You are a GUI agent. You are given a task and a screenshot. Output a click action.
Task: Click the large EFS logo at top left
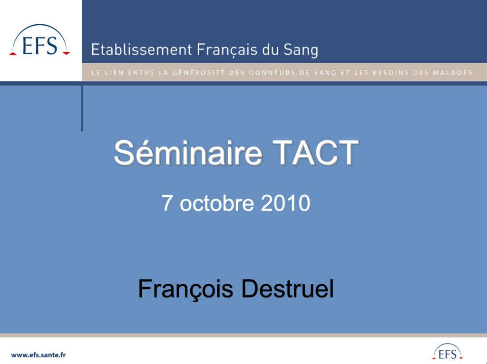tap(40, 40)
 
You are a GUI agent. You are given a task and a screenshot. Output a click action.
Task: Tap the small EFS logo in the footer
tap(447, 352)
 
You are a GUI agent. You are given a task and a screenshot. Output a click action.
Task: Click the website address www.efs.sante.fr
tap(39, 355)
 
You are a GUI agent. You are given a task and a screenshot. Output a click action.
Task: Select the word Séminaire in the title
tap(188, 153)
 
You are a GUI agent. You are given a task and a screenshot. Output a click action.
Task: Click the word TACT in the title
tap(316, 153)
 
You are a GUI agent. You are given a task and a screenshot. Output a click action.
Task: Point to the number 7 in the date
tap(167, 203)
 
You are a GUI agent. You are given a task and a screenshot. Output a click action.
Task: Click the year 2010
tap(285, 203)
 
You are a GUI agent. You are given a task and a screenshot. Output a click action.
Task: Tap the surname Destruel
tap(287, 289)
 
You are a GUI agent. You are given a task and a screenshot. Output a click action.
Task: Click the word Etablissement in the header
tap(142, 49)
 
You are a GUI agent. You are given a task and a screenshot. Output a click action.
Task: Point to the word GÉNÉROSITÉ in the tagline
tap(198, 73)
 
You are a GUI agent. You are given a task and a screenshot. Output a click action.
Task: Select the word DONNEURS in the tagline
tap(268, 73)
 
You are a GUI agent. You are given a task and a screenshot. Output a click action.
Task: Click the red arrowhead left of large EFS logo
tap(13, 54)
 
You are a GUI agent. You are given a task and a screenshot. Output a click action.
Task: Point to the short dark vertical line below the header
tap(82, 108)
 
